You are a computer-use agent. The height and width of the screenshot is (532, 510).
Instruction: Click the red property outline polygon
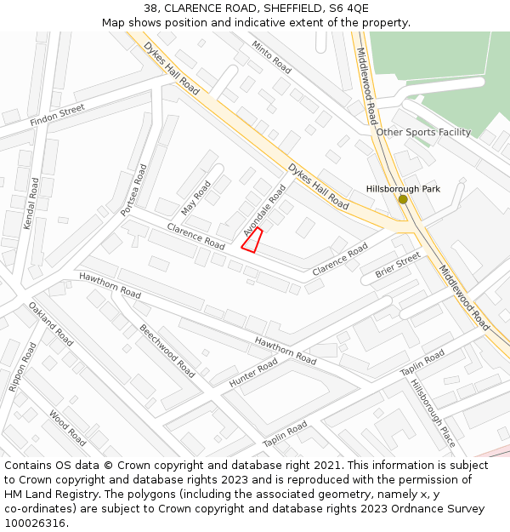pyautogui.click(x=252, y=240)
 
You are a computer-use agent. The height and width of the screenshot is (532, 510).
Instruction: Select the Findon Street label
pyautogui.click(x=58, y=115)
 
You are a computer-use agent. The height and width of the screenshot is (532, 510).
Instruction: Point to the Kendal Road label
pyautogui.click(x=31, y=203)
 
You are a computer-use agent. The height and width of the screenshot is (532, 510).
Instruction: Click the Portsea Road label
pyautogui.click(x=134, y=189)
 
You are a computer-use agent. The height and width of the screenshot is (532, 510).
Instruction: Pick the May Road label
pyautogui.click(x=195, y=197)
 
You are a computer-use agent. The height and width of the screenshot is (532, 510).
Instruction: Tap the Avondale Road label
pyautogui.click(x=264, y=210)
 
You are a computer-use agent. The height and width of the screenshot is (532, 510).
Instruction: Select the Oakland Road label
pyautogui.click(x=50, y=324)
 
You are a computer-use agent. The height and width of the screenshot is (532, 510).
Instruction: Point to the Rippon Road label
pyautogui.click(x=23, y=367)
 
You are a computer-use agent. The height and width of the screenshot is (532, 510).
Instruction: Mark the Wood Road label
pyautogui.click(x=67, y=428)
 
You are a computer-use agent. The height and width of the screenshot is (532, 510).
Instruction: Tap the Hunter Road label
pyautogui.click(x=253, y=373)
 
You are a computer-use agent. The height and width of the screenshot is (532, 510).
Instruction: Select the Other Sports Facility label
pyautogui.click(x=423, y=132)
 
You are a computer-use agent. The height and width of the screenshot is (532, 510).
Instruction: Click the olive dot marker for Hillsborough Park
pyautogui.click(x=403, y=199)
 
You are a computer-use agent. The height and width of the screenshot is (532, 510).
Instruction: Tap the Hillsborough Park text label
pyautogui.click(x=403, y=188)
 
